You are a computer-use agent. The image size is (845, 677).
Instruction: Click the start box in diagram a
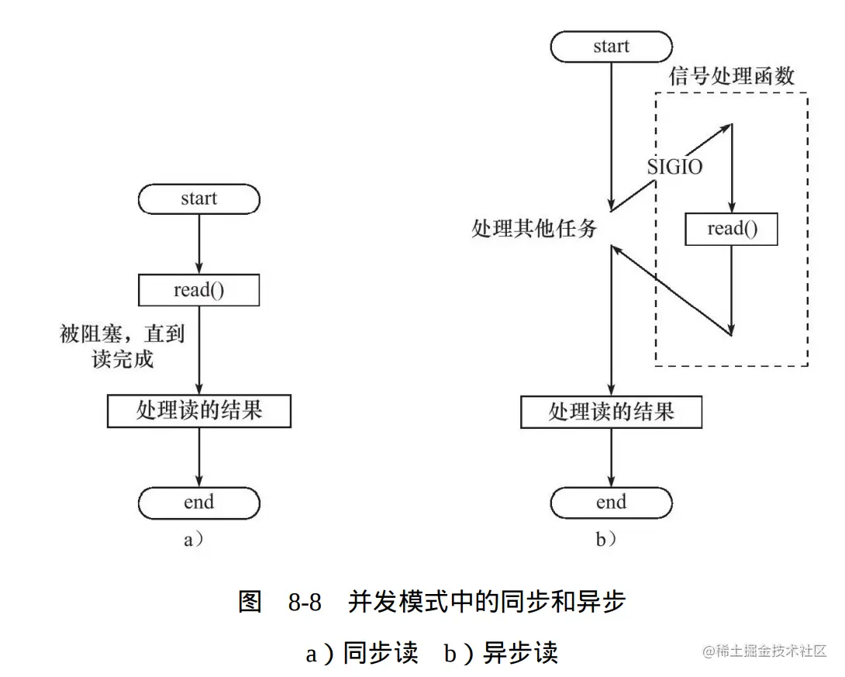point(198,199)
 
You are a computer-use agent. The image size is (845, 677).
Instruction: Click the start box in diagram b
point(611,47)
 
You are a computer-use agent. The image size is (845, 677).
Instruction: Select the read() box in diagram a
point(198,291)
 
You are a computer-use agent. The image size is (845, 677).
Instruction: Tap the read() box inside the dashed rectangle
point(731,230)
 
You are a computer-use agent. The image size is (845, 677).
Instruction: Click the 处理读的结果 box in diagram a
point(198,411)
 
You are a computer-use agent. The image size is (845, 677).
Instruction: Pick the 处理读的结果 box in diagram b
point(611,411)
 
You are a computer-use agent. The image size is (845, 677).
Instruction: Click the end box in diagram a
point(198,503)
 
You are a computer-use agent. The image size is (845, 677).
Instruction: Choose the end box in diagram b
point(611,503)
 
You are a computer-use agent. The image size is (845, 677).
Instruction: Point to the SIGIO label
point(674,167)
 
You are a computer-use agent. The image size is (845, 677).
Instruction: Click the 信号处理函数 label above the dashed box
point(732,76)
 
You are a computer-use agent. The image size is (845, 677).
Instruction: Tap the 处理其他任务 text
point(534,228)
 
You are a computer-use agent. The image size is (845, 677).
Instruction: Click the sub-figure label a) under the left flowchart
point(193,540)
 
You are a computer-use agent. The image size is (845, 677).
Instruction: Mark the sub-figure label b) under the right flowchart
point(605,540)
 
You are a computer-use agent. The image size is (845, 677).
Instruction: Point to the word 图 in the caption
point(250,603)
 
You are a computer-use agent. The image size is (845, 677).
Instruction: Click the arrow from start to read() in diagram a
point(199,244)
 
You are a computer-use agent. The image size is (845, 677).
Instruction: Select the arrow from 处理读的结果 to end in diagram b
point(611,458)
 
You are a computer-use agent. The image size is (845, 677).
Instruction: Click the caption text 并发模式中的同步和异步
point(486,603)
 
